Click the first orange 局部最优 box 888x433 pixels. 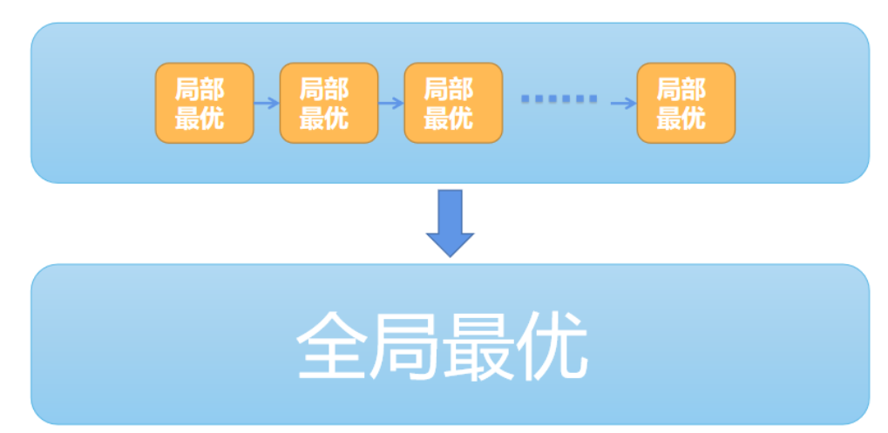[x=204, y=103]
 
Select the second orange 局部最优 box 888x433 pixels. [x=329, y=103]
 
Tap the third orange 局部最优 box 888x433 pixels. [x=453, y=103]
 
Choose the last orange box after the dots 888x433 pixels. [x=686, y=103]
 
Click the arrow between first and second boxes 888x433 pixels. [x=267, y=103]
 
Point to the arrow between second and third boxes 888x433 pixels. [x=391, y=103]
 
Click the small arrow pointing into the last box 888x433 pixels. [x=623, y=103]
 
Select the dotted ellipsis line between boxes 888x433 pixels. [x=559, y=99]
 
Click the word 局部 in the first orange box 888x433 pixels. [x=200, y=88]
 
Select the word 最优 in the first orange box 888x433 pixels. [x=200, y=118]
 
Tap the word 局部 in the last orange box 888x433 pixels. [x=682, y=88]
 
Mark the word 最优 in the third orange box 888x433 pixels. [x=450, y=118]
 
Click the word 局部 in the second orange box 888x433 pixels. [x=325, y=88]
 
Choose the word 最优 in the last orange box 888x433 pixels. [x=682, y=118]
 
